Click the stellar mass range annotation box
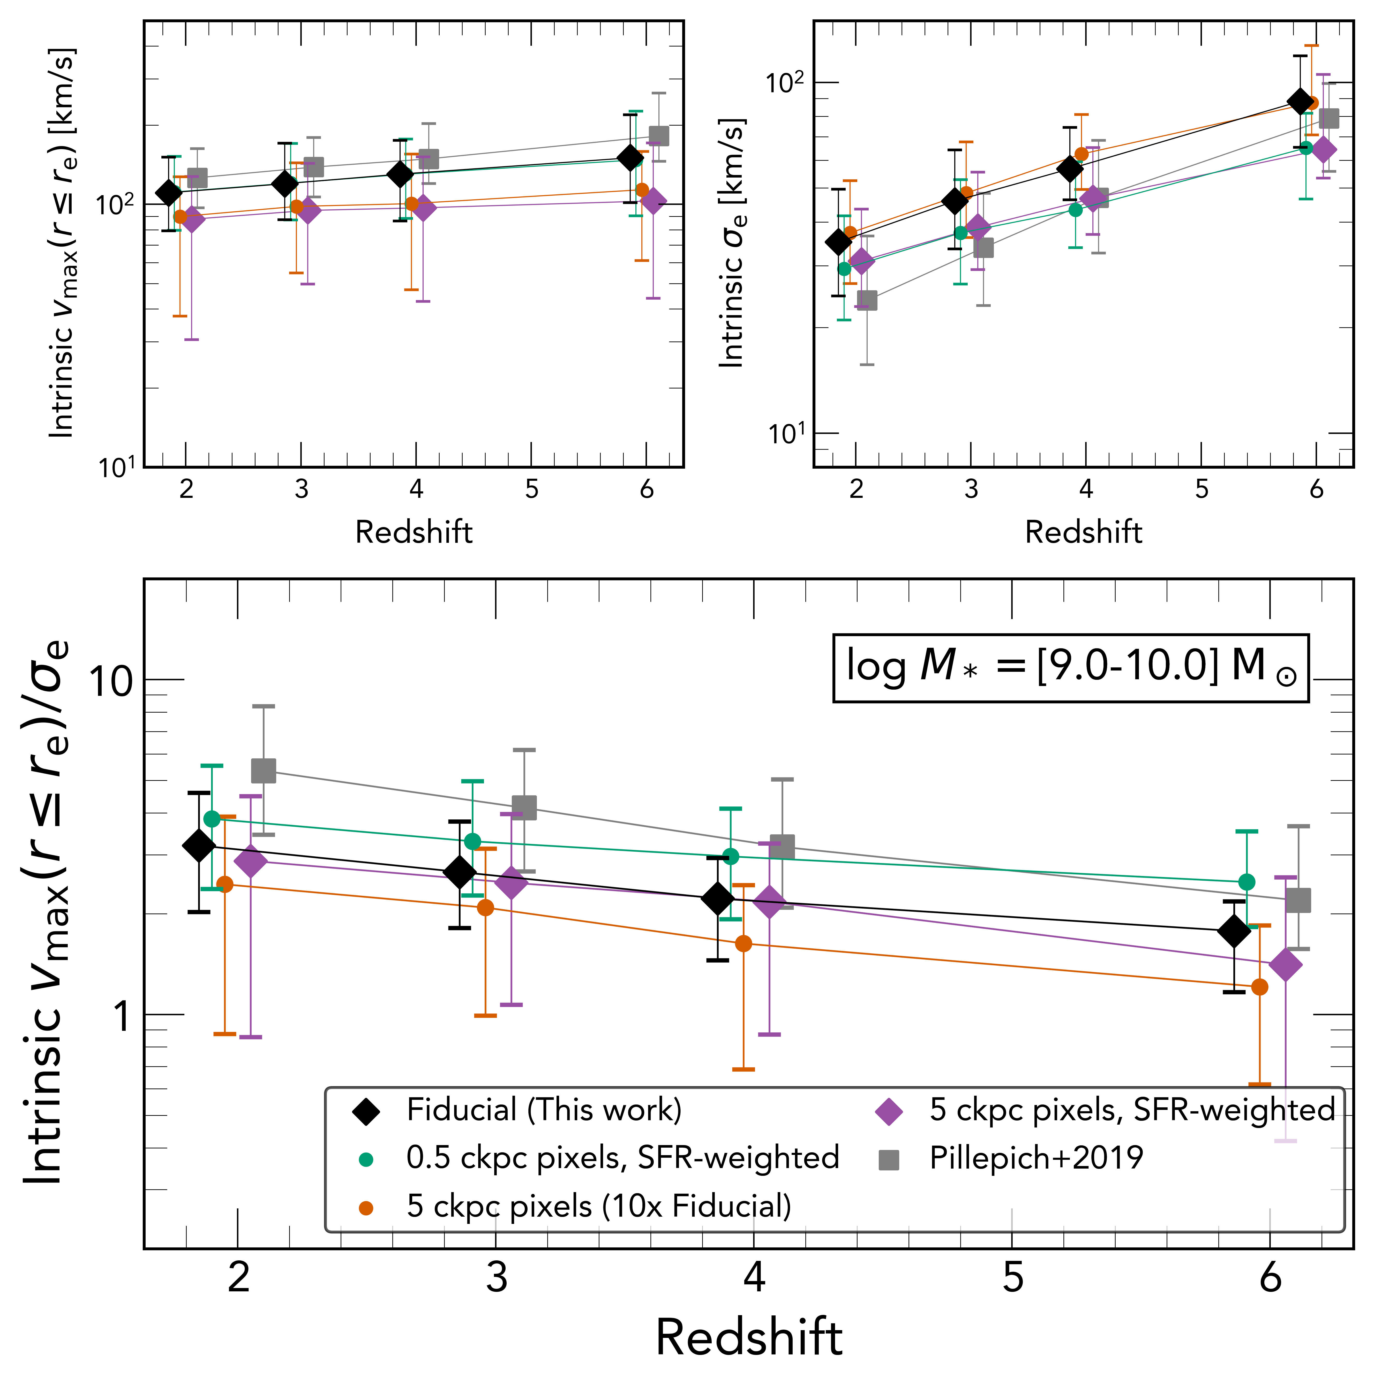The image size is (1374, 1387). click(1070, 668)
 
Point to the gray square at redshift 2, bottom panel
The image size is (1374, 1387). click(264, 771)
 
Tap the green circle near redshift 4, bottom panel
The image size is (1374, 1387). click(731, 856)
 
